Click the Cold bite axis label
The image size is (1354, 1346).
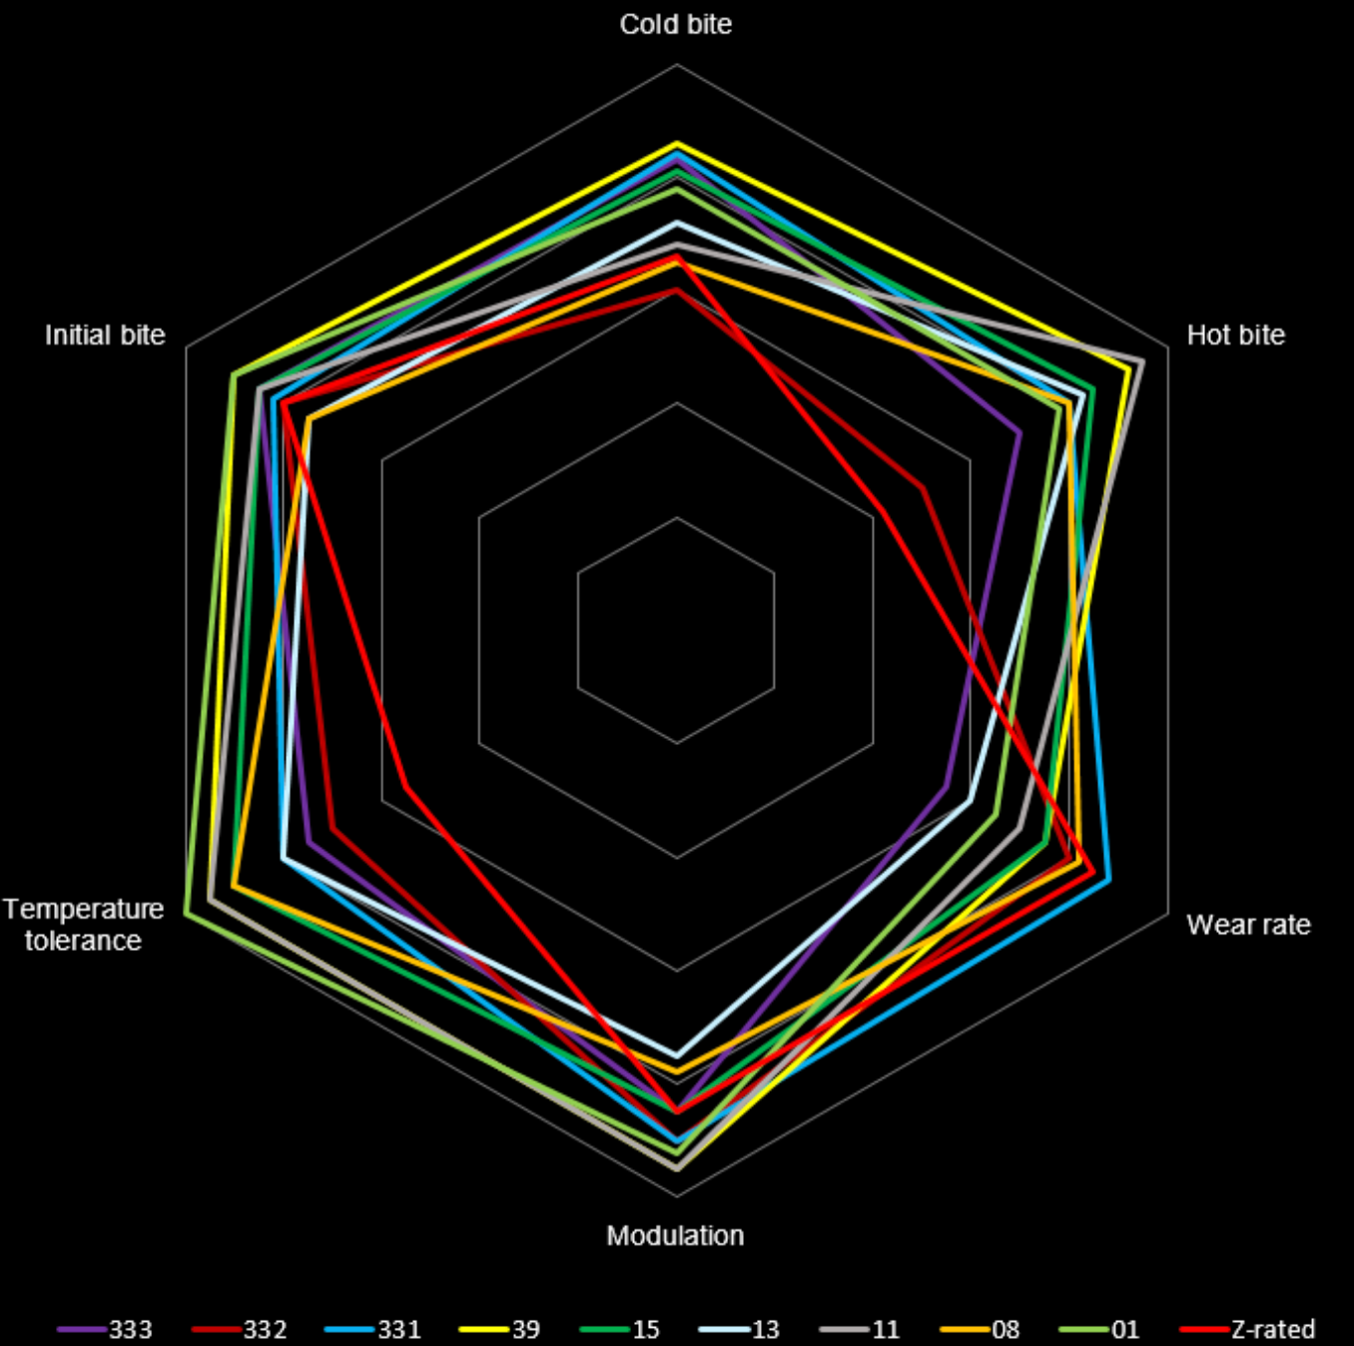click(x=676, y=24)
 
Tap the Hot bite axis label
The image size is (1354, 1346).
click(x=1235, y=335)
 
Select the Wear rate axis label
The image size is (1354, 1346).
click(x=1248, y=925)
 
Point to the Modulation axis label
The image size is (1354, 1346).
click(x=675, y=1235)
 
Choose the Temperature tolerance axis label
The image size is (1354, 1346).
click(x=84, y=925)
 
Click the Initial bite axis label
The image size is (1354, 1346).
click(x=105, y=335)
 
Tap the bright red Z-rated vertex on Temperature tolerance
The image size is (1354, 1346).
click(x=406, y=788)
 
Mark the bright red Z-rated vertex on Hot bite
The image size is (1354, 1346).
click(x=883, y=512)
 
